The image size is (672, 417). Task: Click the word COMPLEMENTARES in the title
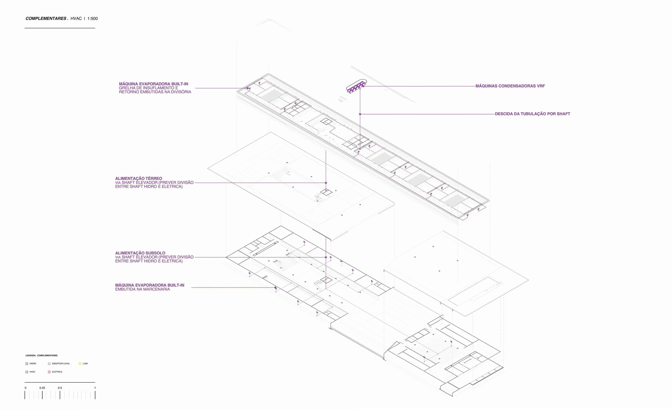[x=46, y=19]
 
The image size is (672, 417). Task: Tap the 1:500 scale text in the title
[x=92, y=19]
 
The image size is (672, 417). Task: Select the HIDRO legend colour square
[x=27, y=363]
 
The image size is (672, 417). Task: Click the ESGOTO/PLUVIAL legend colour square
[x=49, y=363]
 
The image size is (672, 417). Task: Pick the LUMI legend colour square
[x=80, y=363]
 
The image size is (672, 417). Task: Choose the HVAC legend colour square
[x=27, y=372]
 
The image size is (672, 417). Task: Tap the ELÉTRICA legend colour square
[x=49, y=372]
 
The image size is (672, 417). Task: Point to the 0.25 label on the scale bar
[x=42, y=388]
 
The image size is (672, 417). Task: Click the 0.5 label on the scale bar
[x=60, y=388]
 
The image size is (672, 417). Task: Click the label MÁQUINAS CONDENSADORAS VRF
[x=510, y=86]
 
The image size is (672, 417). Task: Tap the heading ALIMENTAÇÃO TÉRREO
[x=139, y=178]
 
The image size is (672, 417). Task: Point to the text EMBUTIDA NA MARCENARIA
[x=143, y=289]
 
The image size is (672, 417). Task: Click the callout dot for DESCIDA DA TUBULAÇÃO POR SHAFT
[x=360, y=114]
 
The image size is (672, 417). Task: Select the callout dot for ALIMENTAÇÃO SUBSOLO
[x=326, y=257]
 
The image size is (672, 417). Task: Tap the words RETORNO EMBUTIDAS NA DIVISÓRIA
[x=155, y=92]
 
